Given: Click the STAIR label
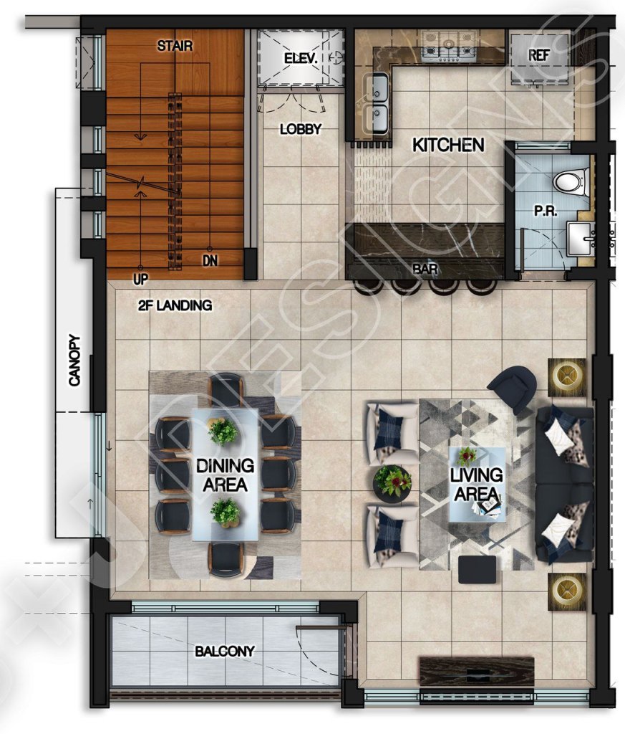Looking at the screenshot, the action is (x=175, y=46).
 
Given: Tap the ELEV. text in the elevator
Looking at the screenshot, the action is (x=301, y=59).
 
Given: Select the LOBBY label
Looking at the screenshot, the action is (x=301, y=129).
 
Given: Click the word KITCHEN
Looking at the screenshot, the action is (x=448, y=145).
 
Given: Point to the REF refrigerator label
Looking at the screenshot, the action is (x=538, y=55).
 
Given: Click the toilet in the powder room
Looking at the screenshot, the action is (x=571, y=181).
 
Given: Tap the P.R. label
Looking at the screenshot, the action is (x=546, y=211).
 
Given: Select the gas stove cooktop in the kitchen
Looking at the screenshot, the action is (x=449, y=47).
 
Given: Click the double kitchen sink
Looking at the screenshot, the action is (x=377, y=104).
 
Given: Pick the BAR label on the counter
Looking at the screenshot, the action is (x=425, y=269).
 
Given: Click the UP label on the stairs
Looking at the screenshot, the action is (x=140, y=280).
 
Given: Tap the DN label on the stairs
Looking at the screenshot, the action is (x=210, y=260).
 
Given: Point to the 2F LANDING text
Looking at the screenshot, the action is (x=175, y=305).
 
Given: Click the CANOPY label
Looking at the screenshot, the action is (x=74, y=361).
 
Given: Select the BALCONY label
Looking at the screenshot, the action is (x=224, y=651).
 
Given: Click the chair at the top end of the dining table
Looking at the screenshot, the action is (x=227, y=389).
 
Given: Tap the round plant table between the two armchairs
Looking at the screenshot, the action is (x=392, y=484).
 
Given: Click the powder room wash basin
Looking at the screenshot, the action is (x=581, y=239).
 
